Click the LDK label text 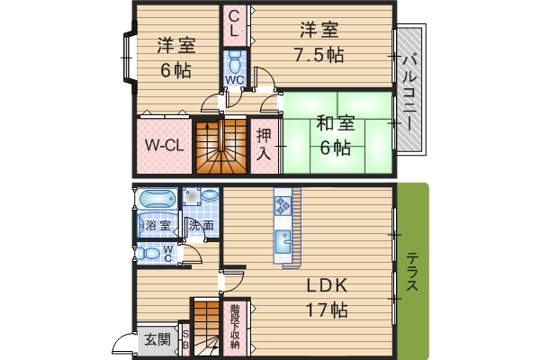coord(327,285)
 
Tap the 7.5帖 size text coord(319,55)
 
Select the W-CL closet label coord(165,146)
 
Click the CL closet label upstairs coord(234,23)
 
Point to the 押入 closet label coord(264,145)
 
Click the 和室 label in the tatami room coord(336,123)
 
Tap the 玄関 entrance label coord(157,339)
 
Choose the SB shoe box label coord(185,339)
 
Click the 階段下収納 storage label coord(235,326)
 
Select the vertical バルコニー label coord(409,93)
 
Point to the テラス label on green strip coord(412,272)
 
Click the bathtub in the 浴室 coord(157,198)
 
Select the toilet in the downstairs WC coord(148,254)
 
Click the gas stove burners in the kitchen coord(283,205)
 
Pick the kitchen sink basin coord(283,242)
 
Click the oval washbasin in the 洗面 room coord(210,195)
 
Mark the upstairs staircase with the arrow coord(221,146)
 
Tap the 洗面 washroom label coord(202,226)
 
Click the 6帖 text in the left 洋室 coord(175,70)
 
